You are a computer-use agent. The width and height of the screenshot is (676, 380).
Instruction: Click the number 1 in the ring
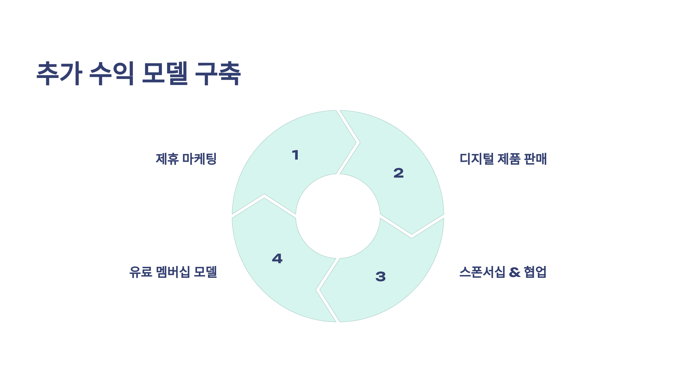pyautogui.click(x=295, y=155)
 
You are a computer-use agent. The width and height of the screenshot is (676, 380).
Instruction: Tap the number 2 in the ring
pyautogui.click(x=399, y=173)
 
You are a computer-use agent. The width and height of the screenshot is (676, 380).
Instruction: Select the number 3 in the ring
pyautogui.click(x=381, y=276)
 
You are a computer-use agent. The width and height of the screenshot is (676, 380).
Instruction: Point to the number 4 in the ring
pyautogui.click(x=277, y=258)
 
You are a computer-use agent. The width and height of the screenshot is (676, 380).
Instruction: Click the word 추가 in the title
pyautogui.click(x=59, y=73)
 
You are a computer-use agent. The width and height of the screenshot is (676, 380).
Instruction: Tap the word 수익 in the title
pyautogui.click(x=112, y=73)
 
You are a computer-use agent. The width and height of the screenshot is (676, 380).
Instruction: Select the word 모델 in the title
pyautogui.click(x=165, y=73)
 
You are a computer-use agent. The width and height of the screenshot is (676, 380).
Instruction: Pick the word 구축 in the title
pyautogui.click(x=218, y=73)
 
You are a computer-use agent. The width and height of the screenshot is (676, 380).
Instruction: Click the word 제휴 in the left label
pyautogui.click(x=167, y=159)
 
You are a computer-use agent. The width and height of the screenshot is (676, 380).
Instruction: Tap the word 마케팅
pyautogui.click(x=199, y=159)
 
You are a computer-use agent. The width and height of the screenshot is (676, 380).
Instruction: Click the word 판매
pyautogui.click(x=535, y=159)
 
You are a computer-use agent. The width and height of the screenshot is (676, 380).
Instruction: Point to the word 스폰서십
pyautogui.click(x=482, y=272)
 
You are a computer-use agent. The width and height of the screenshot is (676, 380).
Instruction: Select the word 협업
pyautogui.click(x=535, y=272)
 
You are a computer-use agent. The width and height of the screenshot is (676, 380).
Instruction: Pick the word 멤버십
pyautogui.click(x=173, y=272)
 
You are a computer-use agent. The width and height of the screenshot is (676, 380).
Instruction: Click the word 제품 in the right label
pyautogui.click(x=509, y=159)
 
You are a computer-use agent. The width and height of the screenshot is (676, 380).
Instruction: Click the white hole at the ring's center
pyautogui.click(x=338, y=216)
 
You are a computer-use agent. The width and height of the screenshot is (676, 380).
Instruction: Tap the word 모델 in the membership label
pyautogui.click(x=206, y=272)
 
